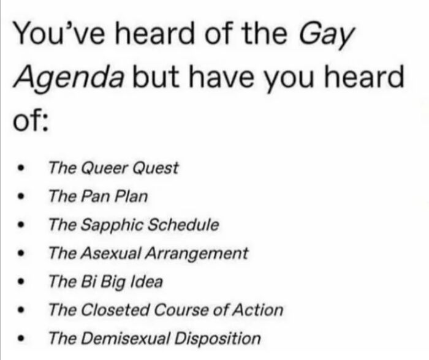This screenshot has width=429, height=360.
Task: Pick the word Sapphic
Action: pos(105,225)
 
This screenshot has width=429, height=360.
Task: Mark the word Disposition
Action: pos(218,338)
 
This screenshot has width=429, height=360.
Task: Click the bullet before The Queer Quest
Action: pos(22,168)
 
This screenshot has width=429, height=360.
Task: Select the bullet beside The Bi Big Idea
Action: pos(22,282)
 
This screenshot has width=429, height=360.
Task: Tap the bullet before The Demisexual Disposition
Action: pos(22,339)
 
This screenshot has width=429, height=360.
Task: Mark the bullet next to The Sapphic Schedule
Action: pos(22,225)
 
